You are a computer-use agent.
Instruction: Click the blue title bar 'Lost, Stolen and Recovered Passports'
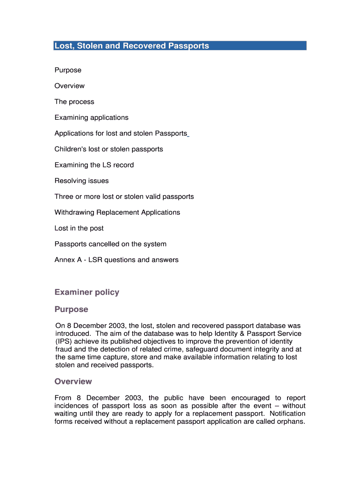point(180,46)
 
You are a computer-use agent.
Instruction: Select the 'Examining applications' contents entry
point(91,117)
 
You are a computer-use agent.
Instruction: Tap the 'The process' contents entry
point(74,102)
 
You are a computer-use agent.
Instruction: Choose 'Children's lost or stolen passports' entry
point(108,149)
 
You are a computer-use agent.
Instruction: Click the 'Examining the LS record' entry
point(94,165)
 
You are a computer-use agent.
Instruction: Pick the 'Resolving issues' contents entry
point(81,181)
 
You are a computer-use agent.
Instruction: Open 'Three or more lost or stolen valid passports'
point(124,196)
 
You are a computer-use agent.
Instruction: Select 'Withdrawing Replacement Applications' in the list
point(117,212)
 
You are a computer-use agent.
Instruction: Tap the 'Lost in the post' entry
point(79,228)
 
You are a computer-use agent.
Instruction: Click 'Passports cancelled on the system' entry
point(110,244)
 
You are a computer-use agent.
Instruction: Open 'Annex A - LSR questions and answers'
point(116,260)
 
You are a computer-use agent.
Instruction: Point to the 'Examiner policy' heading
point(87,292)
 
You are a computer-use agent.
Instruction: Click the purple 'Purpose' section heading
point(71,309)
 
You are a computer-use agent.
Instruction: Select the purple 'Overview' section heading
point(73,381)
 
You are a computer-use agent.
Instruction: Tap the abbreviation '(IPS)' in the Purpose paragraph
point(64,341)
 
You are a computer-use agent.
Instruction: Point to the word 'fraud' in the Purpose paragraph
point(63,349)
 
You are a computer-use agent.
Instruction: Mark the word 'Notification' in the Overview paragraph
point(288,414)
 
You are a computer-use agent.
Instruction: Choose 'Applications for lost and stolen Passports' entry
point(121,133)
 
